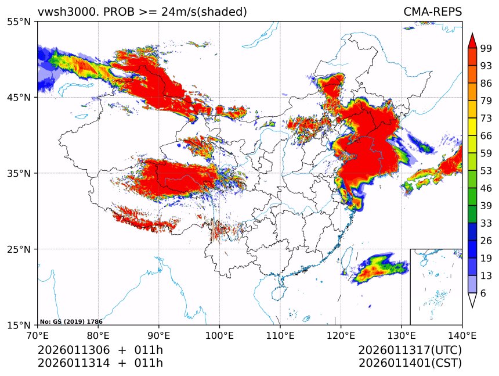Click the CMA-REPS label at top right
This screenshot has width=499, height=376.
click(x=432, y=12)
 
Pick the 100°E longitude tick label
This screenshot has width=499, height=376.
click(x=219, y=335)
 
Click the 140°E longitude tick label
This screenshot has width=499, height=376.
click(x=462, y=335)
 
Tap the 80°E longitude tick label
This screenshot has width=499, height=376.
click(x=98, y=335)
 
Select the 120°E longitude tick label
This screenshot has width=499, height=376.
click(x=341, y=335)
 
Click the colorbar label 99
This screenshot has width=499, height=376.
click(x=486, y=48)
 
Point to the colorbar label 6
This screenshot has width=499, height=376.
click(x=483, y=293)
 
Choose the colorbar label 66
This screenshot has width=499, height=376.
click(x=486, y=135)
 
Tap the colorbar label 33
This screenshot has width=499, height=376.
click(x=486, y=223)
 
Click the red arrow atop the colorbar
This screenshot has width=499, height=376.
click(x=472, y=40)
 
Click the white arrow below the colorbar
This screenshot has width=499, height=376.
click(x=472, y=300)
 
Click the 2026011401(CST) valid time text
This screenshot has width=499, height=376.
click(x=410, y=363)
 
